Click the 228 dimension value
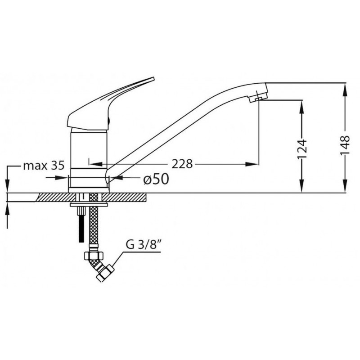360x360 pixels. pyautogui.click(x=182, y=164)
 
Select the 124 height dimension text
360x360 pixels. pyautogui.click(x=301, y=149)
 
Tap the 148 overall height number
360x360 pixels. pyautogui.click(x=345, y=145)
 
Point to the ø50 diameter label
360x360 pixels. pyautogui.click(x=156, y=179)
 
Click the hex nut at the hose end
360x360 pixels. pyautogui.click(x=95, y=255)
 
